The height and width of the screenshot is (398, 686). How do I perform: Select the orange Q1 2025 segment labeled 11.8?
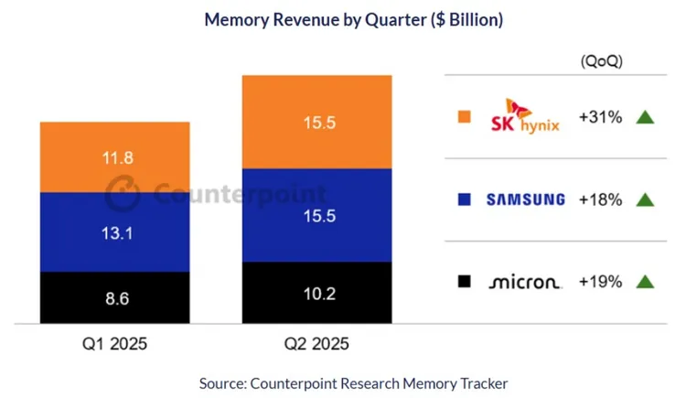(114, 156)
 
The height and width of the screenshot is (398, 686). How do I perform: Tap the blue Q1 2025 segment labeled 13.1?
(114, 231)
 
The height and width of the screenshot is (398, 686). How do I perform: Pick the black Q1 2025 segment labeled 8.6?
(114, 297)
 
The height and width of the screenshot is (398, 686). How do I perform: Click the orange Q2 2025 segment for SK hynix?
(318, 122)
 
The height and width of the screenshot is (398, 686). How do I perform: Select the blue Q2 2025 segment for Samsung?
(318, 216)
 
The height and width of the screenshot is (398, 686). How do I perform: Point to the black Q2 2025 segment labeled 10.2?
(318, 293)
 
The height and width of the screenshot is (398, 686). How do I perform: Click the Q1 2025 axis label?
(114, 345)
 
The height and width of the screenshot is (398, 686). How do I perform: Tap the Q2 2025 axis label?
(318, 345)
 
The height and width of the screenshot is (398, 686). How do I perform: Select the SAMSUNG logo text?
(525, 199)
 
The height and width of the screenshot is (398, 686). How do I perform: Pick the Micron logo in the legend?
(524, 282)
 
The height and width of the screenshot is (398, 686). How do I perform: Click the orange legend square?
(464, 117)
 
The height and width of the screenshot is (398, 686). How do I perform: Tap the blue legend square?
(464, 199)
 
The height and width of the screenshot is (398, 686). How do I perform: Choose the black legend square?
(464, 282)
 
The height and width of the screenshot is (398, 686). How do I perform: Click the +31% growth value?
(601, 117)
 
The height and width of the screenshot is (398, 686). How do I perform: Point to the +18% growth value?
(601, 199)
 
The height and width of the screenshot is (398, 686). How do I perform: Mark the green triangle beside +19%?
(645, 282)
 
